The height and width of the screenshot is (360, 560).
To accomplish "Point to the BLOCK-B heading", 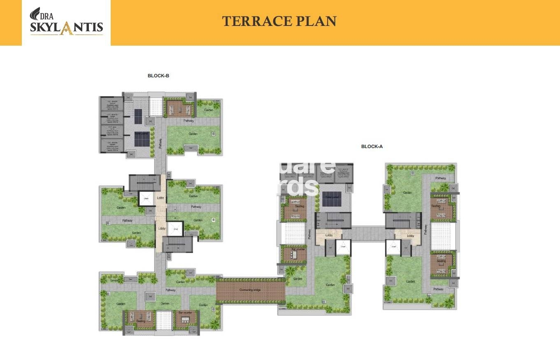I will [x=158, y=76].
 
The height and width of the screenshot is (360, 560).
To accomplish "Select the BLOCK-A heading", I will [x=372, y=146].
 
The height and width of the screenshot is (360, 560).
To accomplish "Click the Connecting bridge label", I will [x=250, y=290].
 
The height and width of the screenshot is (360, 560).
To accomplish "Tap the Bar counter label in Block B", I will [x=184, y=313].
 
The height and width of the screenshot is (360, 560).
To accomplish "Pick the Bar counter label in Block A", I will [x=297, y=249].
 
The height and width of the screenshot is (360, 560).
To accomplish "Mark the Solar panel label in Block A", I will [x=332, y=197].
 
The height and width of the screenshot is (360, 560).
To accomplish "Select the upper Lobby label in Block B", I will [x=160, y=198].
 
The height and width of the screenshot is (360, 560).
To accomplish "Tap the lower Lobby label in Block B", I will [x=162, y=228].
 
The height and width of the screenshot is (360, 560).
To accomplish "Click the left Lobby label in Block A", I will [x=329, y=235].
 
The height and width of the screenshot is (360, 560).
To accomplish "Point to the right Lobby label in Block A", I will [x=410, y=236].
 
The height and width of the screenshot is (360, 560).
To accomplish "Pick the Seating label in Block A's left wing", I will [x=300, y=206].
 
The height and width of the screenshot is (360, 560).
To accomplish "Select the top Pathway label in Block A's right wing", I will [x=440, y=178].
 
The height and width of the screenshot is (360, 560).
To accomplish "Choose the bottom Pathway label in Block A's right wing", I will [x=439, y=289].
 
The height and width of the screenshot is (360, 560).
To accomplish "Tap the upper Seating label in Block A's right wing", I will [x=436, y=206].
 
